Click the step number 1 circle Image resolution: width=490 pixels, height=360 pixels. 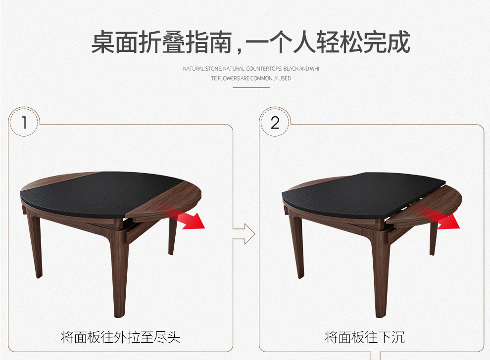[x=24, y=122]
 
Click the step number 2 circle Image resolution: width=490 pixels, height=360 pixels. [x=275, y=122]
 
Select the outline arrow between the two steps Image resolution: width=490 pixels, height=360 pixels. [x=245, y=233]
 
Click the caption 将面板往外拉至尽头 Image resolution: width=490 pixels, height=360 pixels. [x=120, y=337]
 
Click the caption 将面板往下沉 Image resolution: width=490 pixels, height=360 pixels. [x=365, y=337]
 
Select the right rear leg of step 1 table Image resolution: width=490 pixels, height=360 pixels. [x=173, y=236]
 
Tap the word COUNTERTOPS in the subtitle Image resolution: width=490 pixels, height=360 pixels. [x=264, y=69]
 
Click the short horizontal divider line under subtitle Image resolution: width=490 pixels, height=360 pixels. [x=251, y=88]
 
